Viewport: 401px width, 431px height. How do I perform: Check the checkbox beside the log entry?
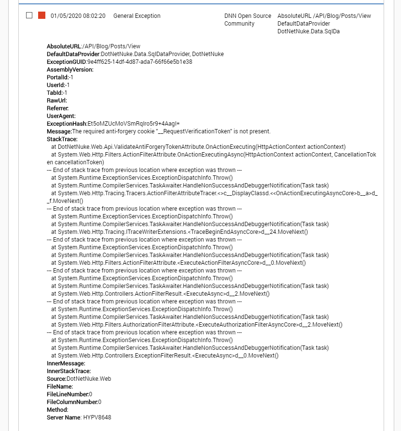click(x=29, y=15)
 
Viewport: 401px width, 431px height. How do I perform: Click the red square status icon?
click(x=41, y=15)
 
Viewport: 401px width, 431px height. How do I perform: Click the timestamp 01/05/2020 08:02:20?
click(x=78, y=16)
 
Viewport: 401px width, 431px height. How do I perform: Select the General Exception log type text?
click(x=137, y=16)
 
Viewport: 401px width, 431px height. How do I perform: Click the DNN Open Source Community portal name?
click(x=248, y=20)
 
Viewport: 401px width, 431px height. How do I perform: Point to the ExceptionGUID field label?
click(x=67, y=62)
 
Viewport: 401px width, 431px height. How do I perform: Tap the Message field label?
click(x=58, y=131)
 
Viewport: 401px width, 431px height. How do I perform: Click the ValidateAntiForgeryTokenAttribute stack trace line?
click(x=198, y=147)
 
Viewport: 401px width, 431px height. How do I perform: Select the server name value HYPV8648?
click(x=97, y=417)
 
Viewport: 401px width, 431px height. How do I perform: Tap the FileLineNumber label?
click(x=68, y=394)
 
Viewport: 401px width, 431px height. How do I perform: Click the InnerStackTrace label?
click(x=69, y=371)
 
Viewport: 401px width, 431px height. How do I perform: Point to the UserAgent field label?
click(x=61, y=116)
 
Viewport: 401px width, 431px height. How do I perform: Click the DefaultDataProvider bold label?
click(x=73, y=54)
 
